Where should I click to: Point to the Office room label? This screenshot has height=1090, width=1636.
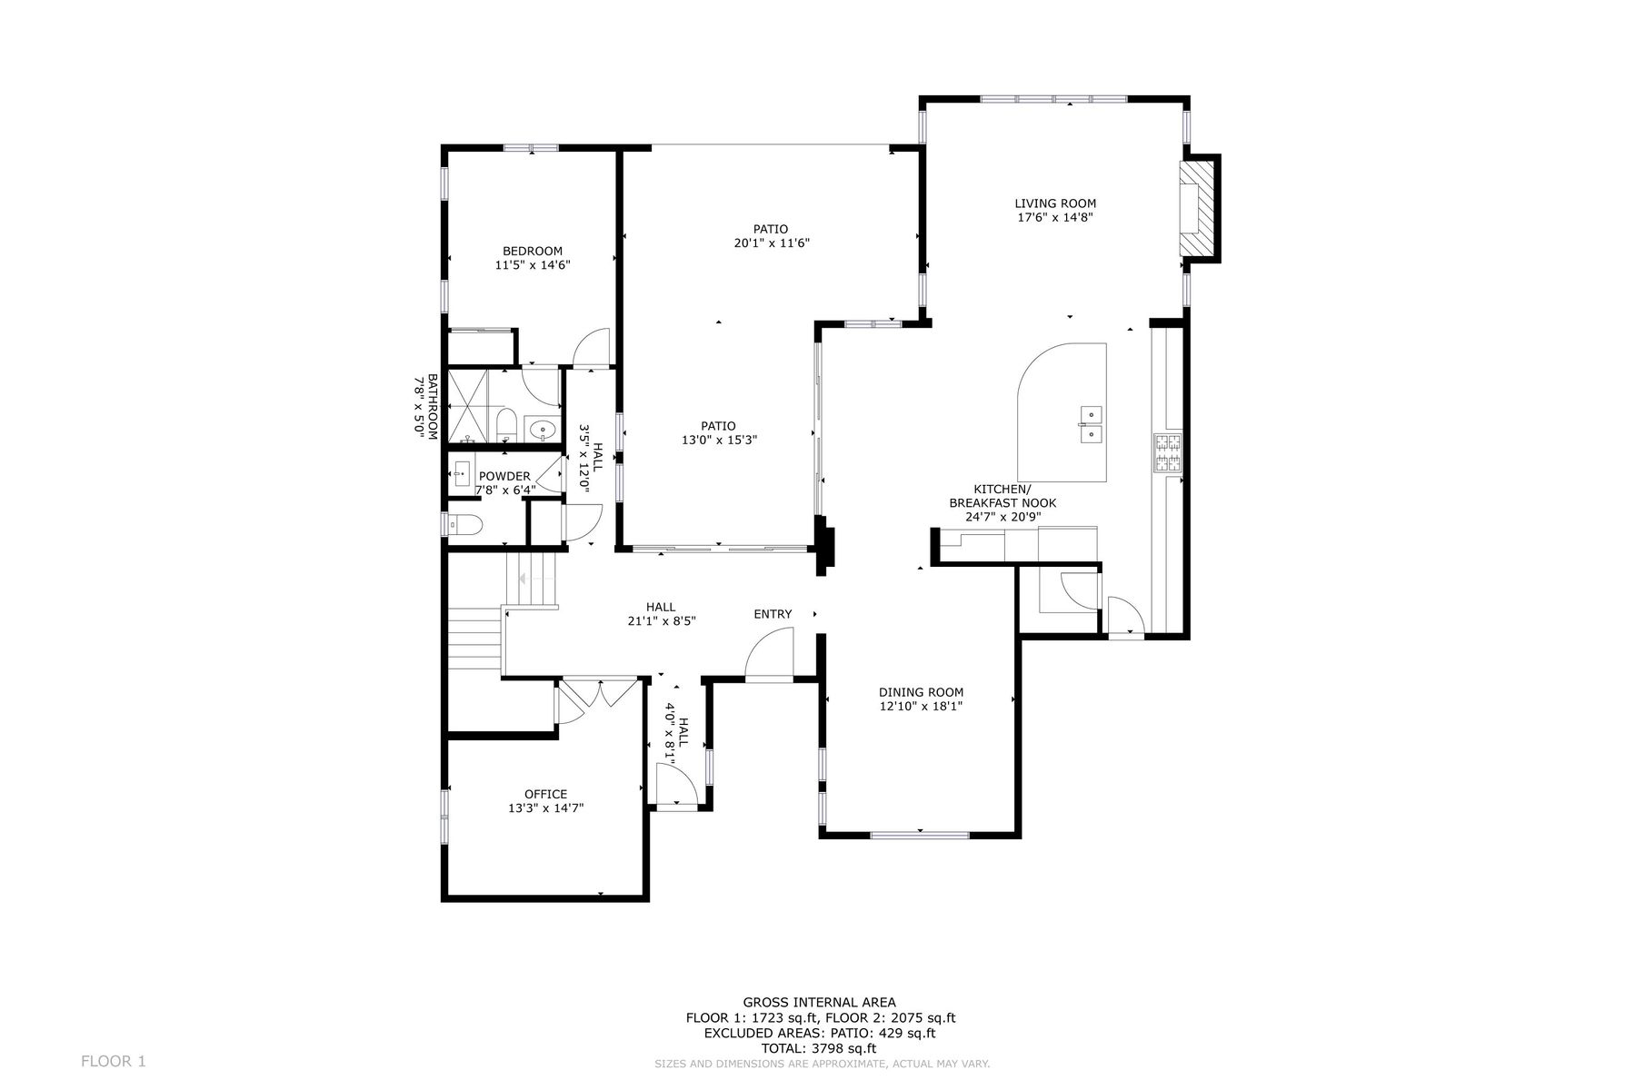click(x=545, y=794)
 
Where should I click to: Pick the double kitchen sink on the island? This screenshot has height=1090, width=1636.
click(x=1090, y=424)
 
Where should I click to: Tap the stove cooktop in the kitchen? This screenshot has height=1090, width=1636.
click(x=1167, y=454)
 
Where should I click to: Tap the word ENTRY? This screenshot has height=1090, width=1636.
click(x=773, y=614)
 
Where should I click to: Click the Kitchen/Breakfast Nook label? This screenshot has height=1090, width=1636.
click(x=1003, y=503)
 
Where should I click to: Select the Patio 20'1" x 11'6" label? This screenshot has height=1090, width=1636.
click(x=771, y=236)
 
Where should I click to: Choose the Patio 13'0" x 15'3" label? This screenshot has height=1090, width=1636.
click(x=718, y=432)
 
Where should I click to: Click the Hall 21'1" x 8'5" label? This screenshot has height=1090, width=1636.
click(x=661, y=614)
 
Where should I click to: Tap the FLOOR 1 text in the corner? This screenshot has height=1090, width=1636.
click(x=114, y=1061)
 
